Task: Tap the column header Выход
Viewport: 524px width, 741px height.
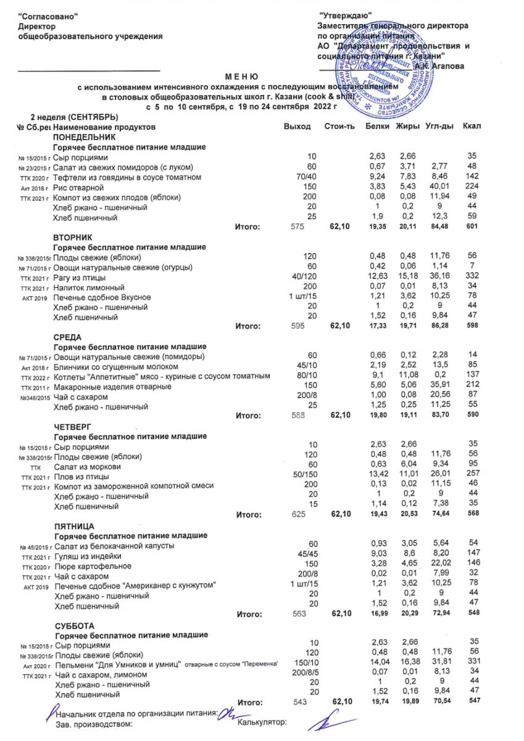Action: click(x=297, y=127)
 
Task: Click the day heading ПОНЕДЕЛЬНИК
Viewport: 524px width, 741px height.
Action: click(x=84, y=136)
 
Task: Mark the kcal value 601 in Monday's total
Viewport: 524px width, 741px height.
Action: click(x=472, y=227)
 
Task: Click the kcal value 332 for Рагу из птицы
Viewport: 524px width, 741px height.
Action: click(x=473, y=277)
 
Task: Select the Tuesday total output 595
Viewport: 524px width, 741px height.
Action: click(x=297, y=326)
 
